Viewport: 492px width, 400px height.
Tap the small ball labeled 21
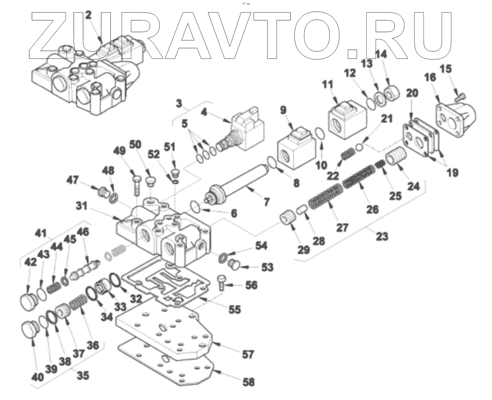[x=360, y=147]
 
